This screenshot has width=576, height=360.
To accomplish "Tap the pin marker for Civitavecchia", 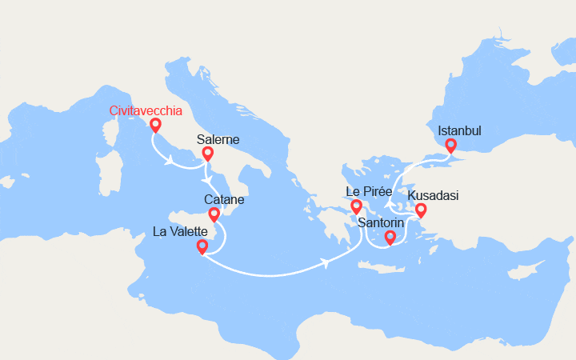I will [x=154, y=125].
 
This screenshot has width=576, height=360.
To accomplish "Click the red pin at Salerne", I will [x=207, y=154].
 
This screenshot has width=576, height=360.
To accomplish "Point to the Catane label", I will [x=224, y=199].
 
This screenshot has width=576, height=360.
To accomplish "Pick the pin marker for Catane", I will [x=214, y=214].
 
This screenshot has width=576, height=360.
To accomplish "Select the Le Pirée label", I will [x=369, y=192].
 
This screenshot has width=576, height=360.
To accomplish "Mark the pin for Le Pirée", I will [x=357, y=207].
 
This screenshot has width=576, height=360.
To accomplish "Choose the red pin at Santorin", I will [x=390, y=237].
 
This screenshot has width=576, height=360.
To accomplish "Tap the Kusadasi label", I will [x=433, y=195].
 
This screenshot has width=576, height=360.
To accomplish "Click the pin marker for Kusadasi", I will [x=420, y=210].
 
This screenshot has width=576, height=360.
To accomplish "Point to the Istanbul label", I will [x=459, y=130].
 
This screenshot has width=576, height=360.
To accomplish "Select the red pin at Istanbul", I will [x=450, y=146].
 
